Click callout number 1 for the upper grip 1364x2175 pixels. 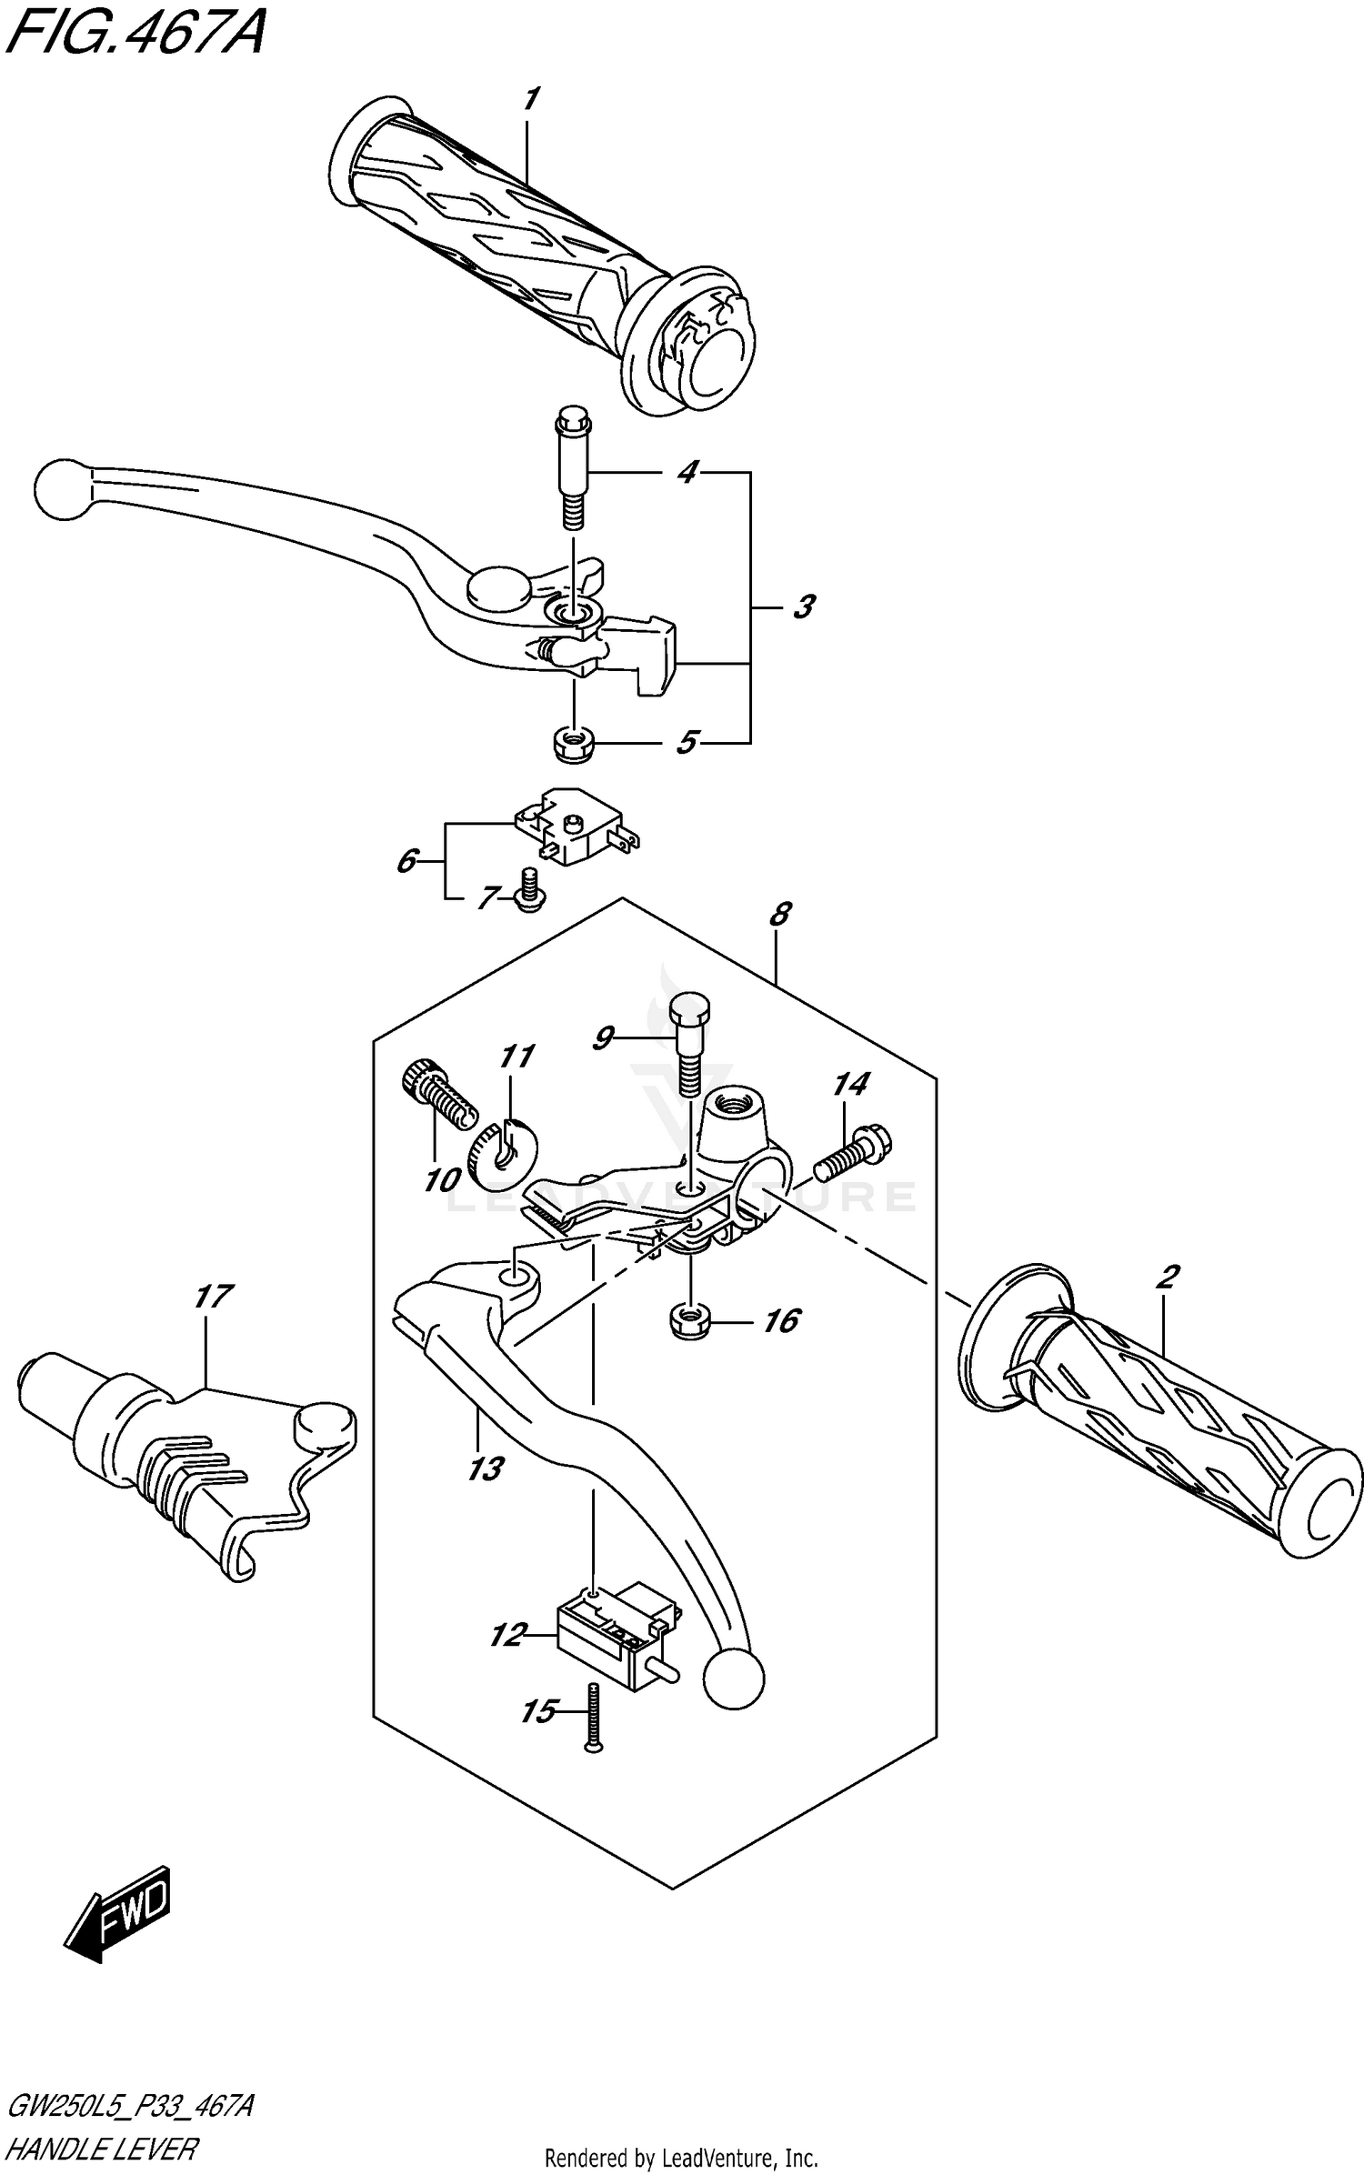(531, 98)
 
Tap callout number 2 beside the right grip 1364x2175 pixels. (1167, 1278)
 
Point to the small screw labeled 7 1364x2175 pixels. (527, 888)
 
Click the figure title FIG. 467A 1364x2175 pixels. (136, 35)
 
